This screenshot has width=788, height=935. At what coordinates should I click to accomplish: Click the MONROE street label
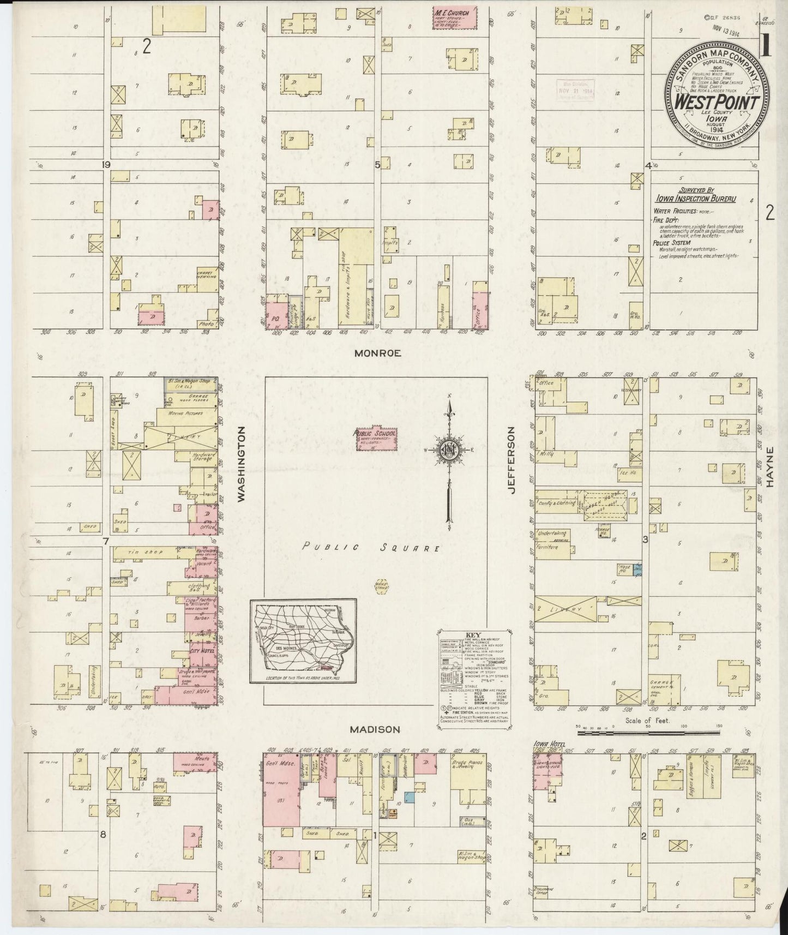[x=377, y=353]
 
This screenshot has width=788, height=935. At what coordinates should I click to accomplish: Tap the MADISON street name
[x=375, y=729]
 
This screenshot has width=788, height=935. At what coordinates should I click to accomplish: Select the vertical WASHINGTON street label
[x=241, y=464]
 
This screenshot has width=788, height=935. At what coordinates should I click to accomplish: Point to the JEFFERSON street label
[x=512, y=461]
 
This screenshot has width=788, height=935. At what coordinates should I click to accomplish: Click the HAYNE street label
[x=770, y=466]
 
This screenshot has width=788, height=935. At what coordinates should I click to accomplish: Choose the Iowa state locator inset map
[x=303, y=640]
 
